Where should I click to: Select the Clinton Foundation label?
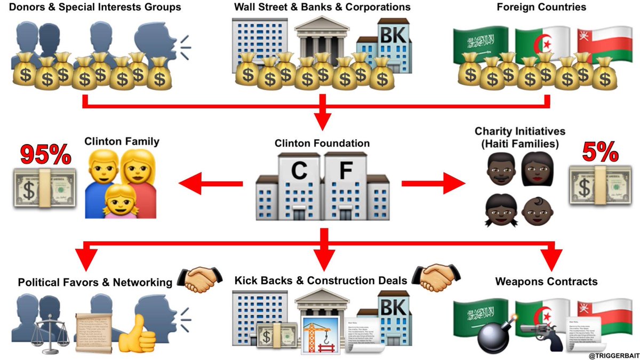coord(322,143)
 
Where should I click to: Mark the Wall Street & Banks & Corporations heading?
coord(322,7)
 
